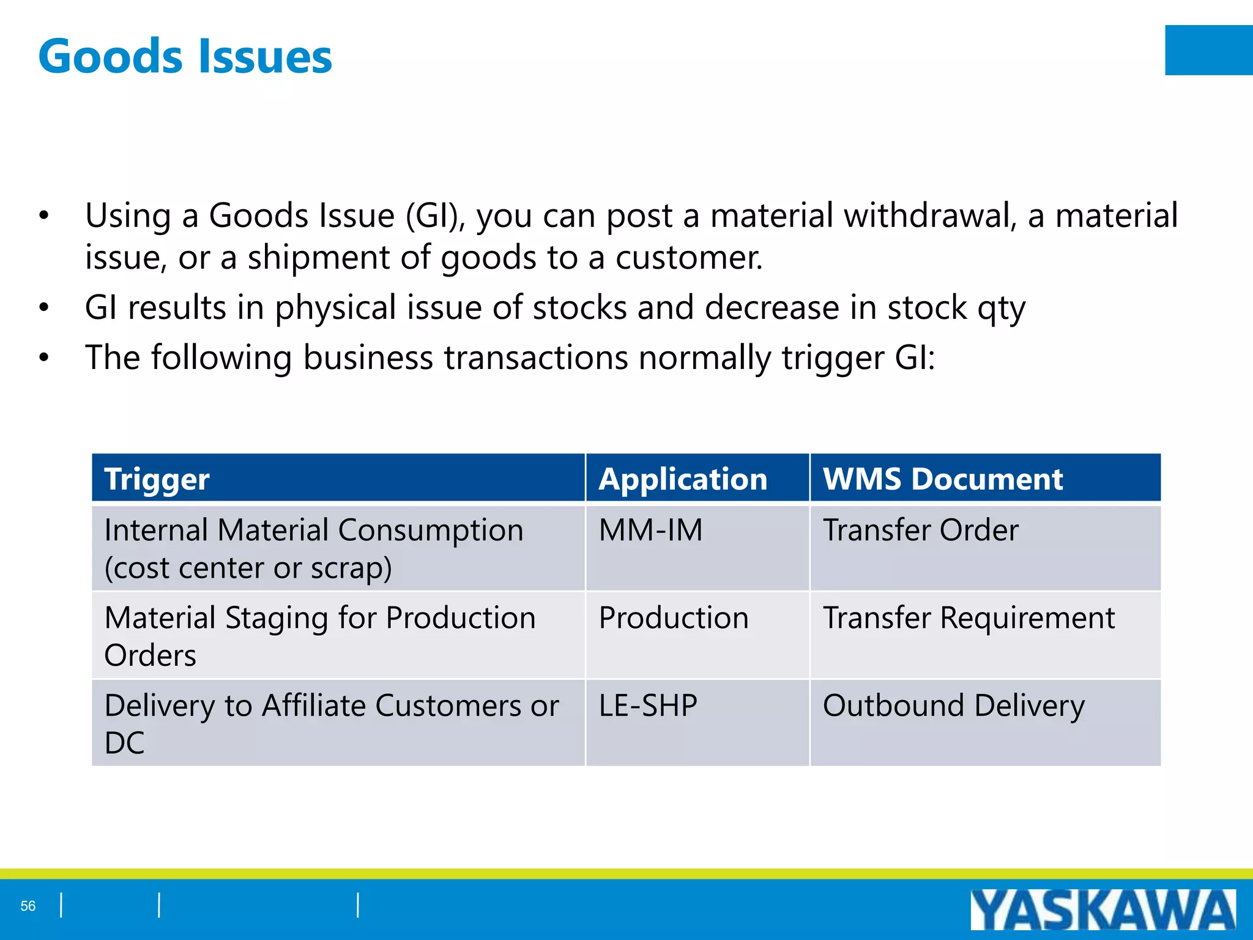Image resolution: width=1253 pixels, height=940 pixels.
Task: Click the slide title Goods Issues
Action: tap(185, 56)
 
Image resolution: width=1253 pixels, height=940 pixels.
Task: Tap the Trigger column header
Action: tap(157, 479)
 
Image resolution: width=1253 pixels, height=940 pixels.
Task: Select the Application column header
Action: tap(683, 479)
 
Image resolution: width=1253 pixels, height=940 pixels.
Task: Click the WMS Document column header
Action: tap(942, 479)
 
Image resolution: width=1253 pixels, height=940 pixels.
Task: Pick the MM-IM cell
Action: tap(650, 530)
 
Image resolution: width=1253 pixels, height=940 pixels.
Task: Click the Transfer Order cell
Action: tap(920, 530)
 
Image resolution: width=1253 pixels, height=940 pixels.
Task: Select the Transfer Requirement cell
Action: tap(969, 617)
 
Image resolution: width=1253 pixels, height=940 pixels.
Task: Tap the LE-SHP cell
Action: tap(648, 706)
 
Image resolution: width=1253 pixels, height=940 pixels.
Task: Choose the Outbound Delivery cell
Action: tap(953, 706)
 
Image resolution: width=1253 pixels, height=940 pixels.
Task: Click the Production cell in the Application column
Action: tap(673, 617)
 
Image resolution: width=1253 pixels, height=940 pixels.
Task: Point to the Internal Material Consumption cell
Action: tap(313, 548)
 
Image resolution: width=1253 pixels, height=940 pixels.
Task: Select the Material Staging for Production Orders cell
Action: tap(319, 635)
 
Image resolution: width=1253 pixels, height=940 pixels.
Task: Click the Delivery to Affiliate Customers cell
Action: tap(330, 723)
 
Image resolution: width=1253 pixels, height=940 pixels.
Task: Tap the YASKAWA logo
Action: tap(1102, 909)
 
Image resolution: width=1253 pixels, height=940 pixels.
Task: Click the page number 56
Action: tap(28, 906)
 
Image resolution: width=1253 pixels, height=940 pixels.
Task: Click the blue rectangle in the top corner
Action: tap(1208, 50)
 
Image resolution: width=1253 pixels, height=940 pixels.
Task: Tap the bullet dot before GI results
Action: tap(43, 307)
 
